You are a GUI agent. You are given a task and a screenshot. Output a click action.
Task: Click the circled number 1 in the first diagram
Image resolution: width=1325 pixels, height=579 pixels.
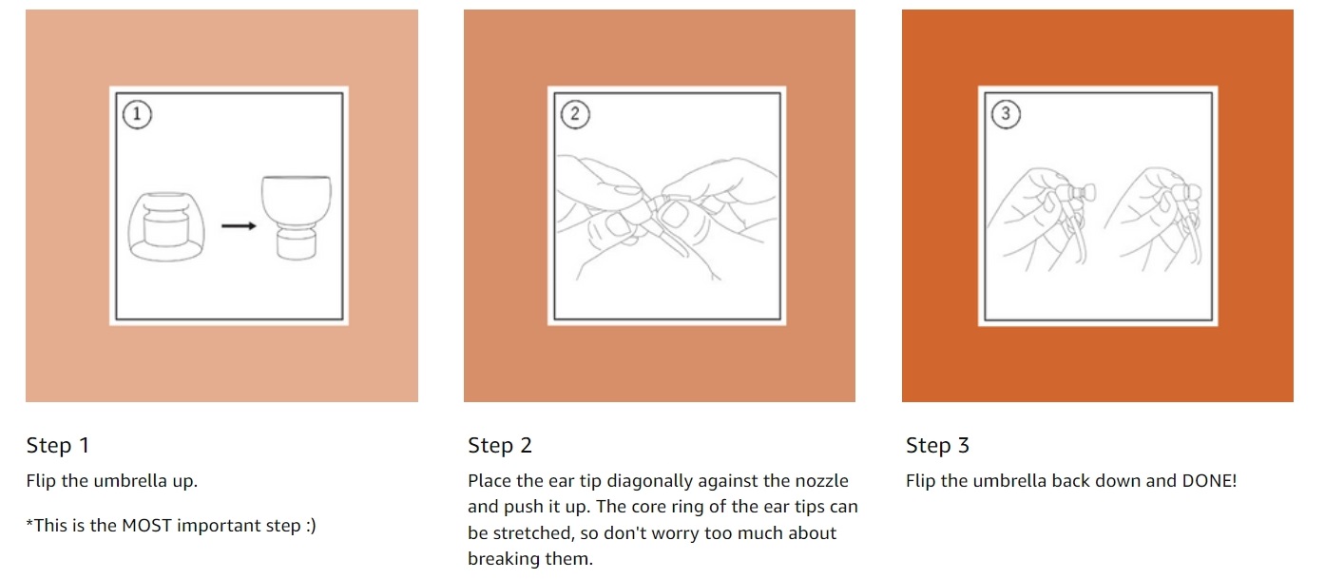(x=137, y=114)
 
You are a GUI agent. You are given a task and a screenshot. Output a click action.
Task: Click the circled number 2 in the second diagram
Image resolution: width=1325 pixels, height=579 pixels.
(x=575, y=114)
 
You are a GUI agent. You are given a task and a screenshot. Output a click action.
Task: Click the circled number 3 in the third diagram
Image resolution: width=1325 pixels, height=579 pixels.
(x=1006, y=113)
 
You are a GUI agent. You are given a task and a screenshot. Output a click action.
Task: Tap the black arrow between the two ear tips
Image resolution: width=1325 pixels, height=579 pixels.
(x=239, y=226)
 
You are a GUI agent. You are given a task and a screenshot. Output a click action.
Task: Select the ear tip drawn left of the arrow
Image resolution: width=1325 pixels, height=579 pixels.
(x=166, y=226)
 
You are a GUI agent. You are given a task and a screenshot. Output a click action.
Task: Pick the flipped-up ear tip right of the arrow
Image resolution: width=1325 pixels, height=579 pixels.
(x=297, y=218)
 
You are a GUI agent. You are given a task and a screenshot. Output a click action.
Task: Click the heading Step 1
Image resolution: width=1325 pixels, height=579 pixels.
(x=58, y=445)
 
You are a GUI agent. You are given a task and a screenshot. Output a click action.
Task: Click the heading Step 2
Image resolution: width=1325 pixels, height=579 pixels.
(x=500, y=445)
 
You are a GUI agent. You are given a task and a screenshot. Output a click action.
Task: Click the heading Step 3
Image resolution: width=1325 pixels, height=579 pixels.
(x=937, y=445)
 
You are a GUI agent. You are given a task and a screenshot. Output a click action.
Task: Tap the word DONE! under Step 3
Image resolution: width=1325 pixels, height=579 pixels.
(x=1209, y=481)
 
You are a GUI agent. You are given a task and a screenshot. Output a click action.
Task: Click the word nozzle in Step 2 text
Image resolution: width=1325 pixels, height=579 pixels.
(x=821, y=481)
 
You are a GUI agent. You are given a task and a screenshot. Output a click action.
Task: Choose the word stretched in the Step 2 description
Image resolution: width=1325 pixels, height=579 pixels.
(x=532, y=533)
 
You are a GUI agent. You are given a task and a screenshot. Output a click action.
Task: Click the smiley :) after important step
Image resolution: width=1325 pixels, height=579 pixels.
(x=311, y=526)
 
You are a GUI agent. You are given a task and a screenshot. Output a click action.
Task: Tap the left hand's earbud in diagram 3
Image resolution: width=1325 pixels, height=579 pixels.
(x=1081, y=193)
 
